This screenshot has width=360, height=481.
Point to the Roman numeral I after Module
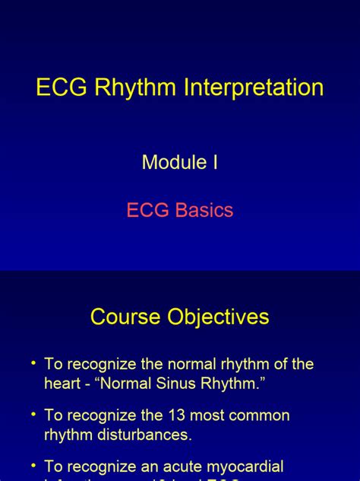215,162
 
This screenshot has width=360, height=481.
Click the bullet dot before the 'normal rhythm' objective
33,365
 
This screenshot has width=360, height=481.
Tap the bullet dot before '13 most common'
33,416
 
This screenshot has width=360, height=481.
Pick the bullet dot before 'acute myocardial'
33,466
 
